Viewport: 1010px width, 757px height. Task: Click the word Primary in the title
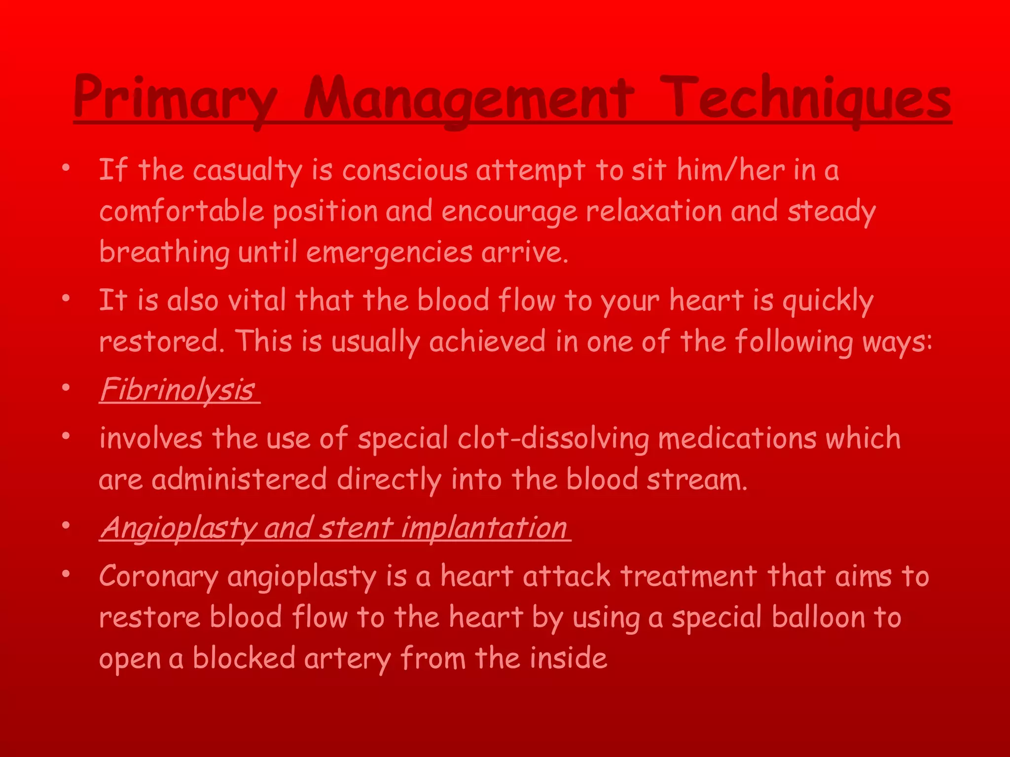[x=175, y=99]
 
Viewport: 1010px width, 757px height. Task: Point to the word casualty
[x=247, y=172]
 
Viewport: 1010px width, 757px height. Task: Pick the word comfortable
[x=181, y=212]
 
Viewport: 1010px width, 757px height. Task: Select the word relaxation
[x=653, y=212]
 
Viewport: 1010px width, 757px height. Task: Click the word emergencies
[x=389, y=253]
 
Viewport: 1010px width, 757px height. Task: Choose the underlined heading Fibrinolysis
[x=178, y=390]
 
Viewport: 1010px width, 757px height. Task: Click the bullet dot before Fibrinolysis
[x=66, y=388]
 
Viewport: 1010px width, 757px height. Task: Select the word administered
[x=239, y=480]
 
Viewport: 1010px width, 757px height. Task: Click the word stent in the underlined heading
[x=355, y=528]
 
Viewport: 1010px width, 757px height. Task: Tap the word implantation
[x=483, y=529]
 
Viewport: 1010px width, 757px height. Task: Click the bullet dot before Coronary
[x=66, y=574]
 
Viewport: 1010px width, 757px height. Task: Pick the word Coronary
[x=158, y=576]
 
